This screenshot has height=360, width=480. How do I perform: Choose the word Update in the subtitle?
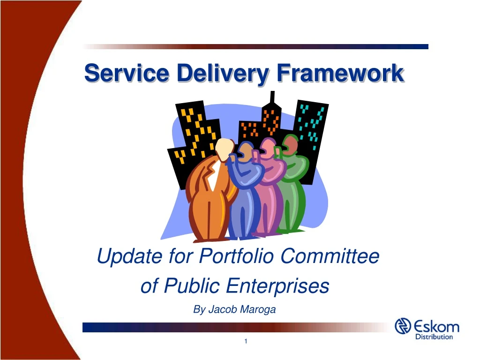123,256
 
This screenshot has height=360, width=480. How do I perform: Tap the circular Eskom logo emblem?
404,326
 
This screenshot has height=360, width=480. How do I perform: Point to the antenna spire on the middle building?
272,98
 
